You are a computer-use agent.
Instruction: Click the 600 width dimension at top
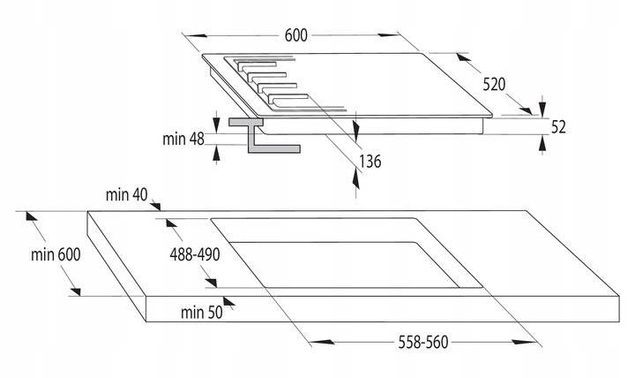[295, 35]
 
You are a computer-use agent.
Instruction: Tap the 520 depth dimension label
[493, 84]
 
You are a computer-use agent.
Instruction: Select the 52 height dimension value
[557, 127]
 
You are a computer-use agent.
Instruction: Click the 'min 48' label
[183, 139]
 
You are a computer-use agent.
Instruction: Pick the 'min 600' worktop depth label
[54, 254]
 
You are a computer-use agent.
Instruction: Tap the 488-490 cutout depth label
[193, 254]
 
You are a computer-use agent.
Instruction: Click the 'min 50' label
[200, 311]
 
